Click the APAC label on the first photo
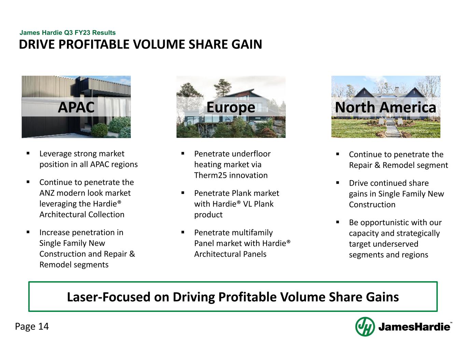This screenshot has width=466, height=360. pyautogui.click(x=76, y=107)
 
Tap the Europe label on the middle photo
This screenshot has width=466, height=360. pyautogui.click(x=231, y=107)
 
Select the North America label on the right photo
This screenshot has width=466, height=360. pyautogui.click(x=385, y=107)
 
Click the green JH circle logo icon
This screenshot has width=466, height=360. pyautogui.click(x=365, y=327)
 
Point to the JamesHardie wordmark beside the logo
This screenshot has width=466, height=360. pyautogui.click(x=414, y=327)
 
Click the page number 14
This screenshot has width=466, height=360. pyautogui.click(x=43, y=327)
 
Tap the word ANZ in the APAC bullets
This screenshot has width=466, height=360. pyautogui.click(x=47, y=193)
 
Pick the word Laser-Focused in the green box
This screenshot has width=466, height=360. pyautogui.click(x=109, y=297)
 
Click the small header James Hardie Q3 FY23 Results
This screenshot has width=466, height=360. pyautogui.click(x=68, y=33)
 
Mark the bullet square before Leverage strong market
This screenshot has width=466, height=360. pyautogui.click(x=28, y=154)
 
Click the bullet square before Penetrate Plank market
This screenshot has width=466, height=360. pyautogui.click(x=183, y=193)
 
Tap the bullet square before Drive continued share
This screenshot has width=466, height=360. pyautogui.click(x=338, y=183)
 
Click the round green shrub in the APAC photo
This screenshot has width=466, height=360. pyautogui.click(x=100, y=130)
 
